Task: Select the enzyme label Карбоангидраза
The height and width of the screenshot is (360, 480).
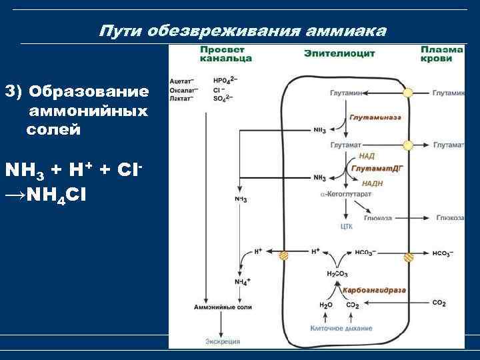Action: (374, 291)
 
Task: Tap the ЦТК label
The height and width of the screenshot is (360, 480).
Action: (346, 227)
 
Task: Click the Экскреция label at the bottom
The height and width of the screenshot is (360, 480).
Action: (222, 341)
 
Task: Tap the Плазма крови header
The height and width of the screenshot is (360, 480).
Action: (441, 54)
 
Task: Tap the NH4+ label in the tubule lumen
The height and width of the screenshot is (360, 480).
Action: (241, 282)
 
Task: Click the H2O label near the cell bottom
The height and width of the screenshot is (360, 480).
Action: (326, 304)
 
